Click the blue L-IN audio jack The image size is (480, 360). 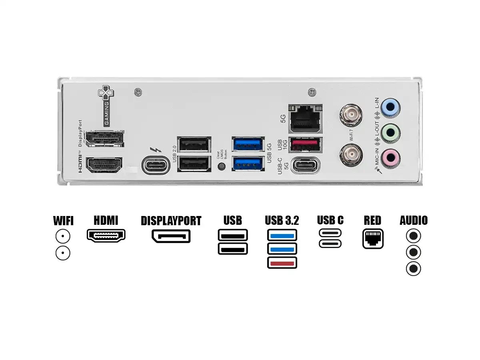tap(390, 108)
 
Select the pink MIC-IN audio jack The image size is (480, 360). tap(390, 157)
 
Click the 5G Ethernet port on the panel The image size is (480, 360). tap(305, 119)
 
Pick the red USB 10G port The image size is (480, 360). tap(305, 144)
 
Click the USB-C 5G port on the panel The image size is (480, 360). tap(305, 165)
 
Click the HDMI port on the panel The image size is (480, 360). tap(104, 165)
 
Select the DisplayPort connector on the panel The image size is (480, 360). tap(104, 140)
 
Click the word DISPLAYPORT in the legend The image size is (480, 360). tap(171, 221)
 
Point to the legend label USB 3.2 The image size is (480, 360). tap(282, 220)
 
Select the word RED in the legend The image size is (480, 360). tap(372, 220)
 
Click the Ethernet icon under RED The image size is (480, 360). tap(373, 238)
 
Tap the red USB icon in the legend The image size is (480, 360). tap(282, 263)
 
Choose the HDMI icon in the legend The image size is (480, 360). tap(106, 235)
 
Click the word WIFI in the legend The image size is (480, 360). tap(63, 221)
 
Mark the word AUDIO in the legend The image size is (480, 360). tap(414, 220)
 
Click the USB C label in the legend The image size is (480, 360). tap(330, 220)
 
